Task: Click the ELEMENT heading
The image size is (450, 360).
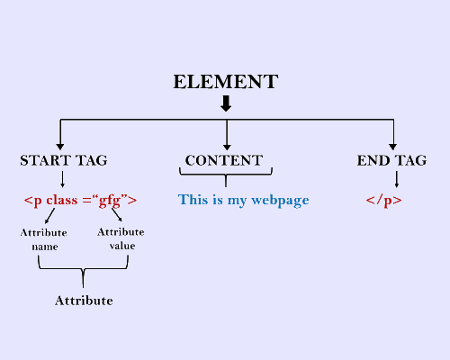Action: click(226, 82)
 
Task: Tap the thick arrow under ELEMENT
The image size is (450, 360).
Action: click(226, 103)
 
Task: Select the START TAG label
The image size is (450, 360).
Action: click(64, 160)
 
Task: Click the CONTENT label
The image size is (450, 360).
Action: click(224, 160)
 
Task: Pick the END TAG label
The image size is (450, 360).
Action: click(391, 160)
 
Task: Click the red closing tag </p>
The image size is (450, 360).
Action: click(383, 201)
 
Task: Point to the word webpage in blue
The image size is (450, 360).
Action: click(280, 201)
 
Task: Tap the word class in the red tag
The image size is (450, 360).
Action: click(62, 200)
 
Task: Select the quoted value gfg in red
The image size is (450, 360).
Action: click(110, 201)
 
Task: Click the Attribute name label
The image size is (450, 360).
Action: click(44, 239)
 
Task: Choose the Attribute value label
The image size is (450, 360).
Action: click(121, 238)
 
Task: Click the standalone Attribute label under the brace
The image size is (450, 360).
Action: click(84, 301)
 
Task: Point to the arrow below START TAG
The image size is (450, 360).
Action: click(62, 179)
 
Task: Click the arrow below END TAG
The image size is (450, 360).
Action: click(397, 179)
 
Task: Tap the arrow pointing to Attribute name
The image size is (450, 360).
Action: click(49, 216)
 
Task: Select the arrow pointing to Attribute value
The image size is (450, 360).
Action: click(117, 214)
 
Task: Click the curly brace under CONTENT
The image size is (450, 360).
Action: click(226, 175)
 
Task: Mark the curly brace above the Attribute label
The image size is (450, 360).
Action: click(83, 269)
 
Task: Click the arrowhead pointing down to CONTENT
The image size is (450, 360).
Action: click(227, 147)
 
